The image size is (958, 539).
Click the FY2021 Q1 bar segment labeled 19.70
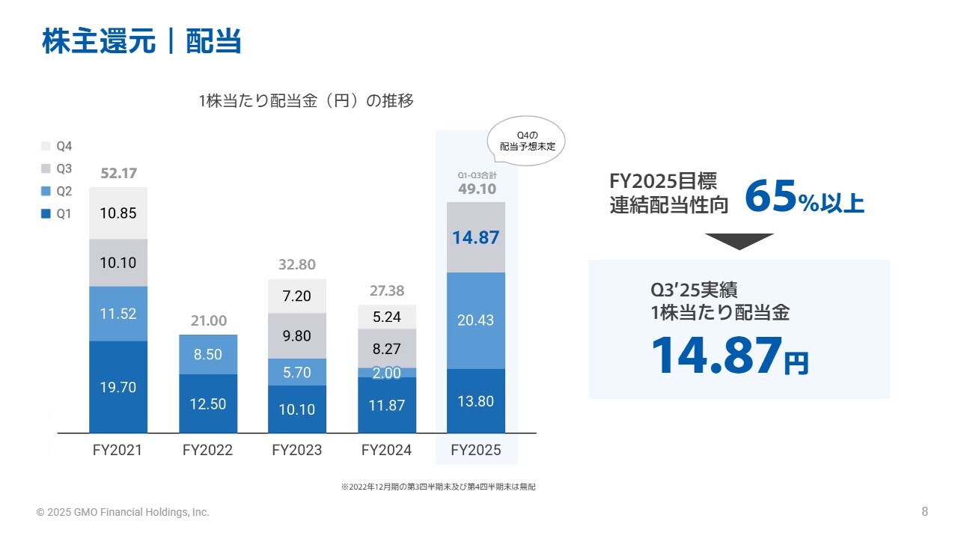coord(118,387)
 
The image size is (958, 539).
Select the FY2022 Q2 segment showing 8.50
coord(208,354)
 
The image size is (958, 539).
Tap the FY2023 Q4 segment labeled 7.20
coord(297,296)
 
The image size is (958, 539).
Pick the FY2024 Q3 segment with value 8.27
coord(387,348)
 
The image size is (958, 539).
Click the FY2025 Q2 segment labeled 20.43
coord(476,320)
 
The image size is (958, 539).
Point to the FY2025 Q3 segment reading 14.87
coord(476,237)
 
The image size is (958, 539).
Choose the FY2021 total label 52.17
coord(118,174)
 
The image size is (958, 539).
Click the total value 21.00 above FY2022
coord(208,321)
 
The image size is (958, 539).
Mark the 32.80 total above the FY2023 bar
coord(297,265)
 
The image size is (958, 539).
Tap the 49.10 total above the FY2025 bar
coord(477,189)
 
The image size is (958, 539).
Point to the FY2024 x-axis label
coord(386,451)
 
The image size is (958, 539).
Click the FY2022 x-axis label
coord(207,451)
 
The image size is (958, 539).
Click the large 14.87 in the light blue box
coord(716,356)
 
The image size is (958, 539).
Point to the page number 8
coord(924,512)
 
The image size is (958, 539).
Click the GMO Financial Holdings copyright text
coord(123,513)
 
